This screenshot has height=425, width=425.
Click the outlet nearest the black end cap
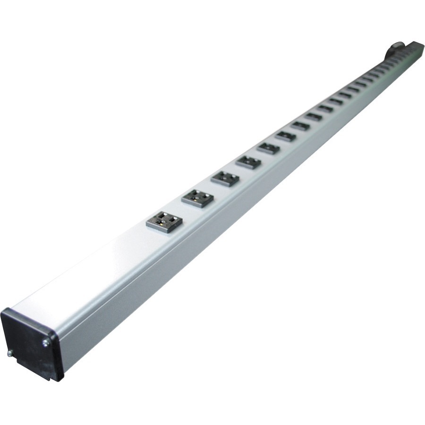[164, 221]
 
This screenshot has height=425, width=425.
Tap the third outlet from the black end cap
[225, 178]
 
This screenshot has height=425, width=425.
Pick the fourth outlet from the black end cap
[248, 162]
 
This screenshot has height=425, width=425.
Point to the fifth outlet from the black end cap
[269, 148]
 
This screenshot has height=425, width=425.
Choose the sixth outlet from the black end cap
[286, 136]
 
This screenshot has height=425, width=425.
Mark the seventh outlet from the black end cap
[300, 126]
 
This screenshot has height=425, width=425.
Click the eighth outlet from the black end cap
[314, 117]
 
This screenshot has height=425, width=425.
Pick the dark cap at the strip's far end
[416, 47]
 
